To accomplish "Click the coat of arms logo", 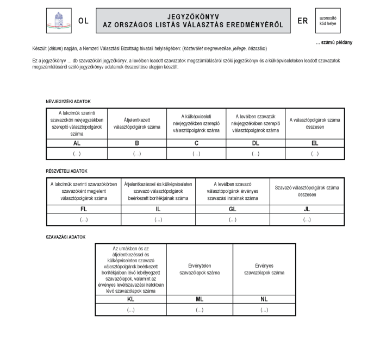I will point(55,21).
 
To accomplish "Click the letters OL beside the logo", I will point(83,21).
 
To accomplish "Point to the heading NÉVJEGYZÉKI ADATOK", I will point(68,102).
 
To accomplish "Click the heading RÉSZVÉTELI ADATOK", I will point(67,171).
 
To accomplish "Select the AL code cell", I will point(77,143).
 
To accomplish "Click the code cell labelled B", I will point(137,143).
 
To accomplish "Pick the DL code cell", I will point(256,143).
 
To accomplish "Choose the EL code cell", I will point(315,143).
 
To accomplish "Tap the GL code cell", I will point(232,209).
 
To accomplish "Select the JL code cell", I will point(307,209).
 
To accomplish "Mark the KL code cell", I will point(130,299).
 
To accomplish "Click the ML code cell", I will point(200,299).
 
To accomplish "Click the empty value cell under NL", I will point(264,310).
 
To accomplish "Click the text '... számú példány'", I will point(333,42).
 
